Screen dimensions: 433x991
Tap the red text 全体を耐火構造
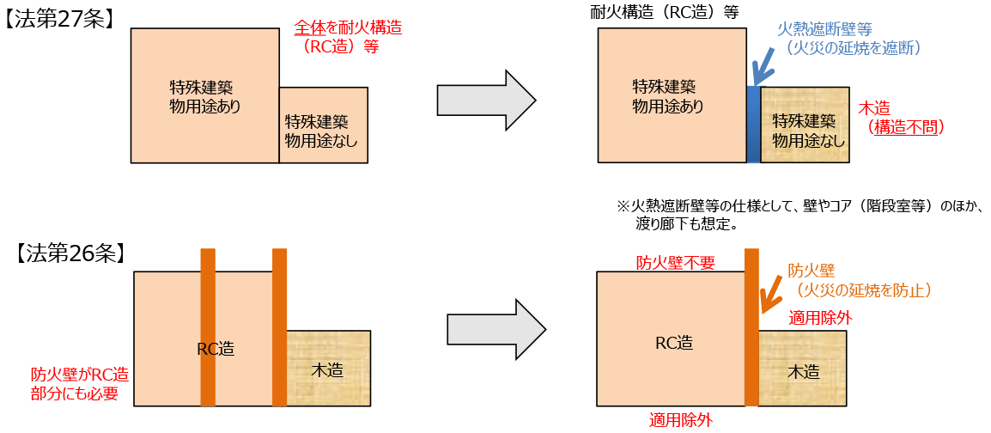(x=347, y=27)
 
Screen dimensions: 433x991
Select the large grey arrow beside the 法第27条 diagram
(x=486, y=101)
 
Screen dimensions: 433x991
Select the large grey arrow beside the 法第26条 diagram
(x=496, y=331)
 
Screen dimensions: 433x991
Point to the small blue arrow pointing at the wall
(x=760, y=70)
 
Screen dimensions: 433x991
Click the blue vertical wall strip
(x=753, y=125)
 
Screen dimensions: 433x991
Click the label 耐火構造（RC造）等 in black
(x=665, y=11)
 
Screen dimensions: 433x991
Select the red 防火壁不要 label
(x=675, y=262)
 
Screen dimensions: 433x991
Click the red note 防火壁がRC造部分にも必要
(x=79, y=384)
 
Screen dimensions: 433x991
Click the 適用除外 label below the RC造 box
(x=680, y=420)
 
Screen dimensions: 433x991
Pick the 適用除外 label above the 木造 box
(x=820, y=318)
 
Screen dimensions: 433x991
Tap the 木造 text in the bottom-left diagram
(x=327, y=370)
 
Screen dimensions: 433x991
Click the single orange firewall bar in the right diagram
(x=752, y=326)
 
